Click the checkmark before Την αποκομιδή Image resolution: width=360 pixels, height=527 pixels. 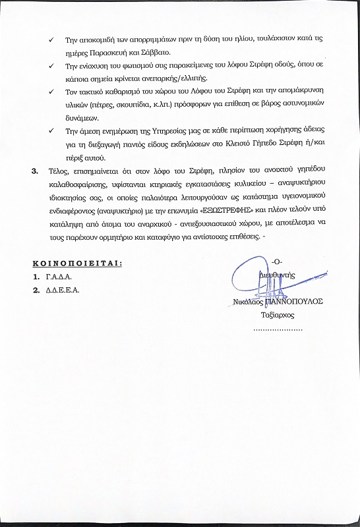(51, 39)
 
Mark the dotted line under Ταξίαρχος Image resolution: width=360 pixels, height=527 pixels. (277, 327)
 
